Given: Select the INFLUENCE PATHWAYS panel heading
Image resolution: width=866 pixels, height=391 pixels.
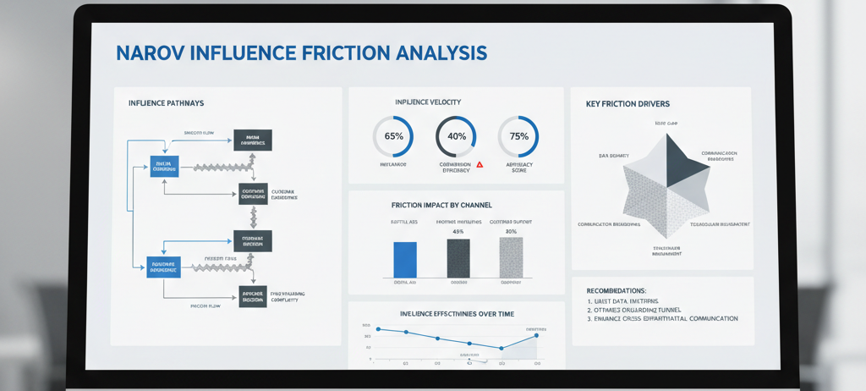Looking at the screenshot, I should point(166,103).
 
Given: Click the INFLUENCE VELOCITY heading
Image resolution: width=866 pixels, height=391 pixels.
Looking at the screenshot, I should point(428,102).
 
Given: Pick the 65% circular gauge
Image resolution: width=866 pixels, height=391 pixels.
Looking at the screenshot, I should point(393,136).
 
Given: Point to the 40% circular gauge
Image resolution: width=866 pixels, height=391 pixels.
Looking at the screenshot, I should point(457,136).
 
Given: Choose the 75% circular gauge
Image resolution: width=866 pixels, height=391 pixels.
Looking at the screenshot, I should point(518,136).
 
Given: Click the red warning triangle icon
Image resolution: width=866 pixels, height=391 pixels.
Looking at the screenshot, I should point(480,164).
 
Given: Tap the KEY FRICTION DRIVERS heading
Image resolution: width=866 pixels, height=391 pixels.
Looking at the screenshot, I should point(628,104).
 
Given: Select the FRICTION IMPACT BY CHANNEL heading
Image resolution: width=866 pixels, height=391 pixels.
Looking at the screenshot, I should point(441,206).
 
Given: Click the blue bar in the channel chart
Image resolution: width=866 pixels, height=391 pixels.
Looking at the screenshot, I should point(405,259).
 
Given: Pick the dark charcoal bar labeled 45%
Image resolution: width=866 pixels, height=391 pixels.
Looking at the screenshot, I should point(458,257).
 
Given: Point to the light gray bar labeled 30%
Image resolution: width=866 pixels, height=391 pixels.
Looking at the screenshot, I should point(511,256).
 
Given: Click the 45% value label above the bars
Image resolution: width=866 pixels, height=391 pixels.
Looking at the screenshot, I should point(458,231).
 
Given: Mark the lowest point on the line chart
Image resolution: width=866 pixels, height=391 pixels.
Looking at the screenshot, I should point(502,348).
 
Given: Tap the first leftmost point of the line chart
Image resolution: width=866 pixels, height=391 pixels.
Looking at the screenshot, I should point(378,328).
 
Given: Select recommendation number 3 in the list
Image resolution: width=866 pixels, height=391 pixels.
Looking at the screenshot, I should point(660,319).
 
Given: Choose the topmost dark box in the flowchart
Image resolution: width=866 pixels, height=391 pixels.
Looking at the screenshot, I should point(252,140).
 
